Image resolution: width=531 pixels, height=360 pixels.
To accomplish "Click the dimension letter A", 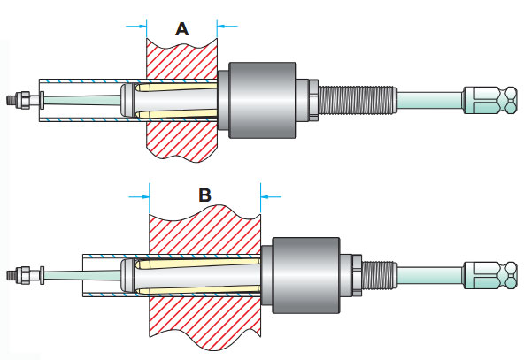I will (181, 29).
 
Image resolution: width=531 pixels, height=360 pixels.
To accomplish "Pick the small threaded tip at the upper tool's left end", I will (12, 98).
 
